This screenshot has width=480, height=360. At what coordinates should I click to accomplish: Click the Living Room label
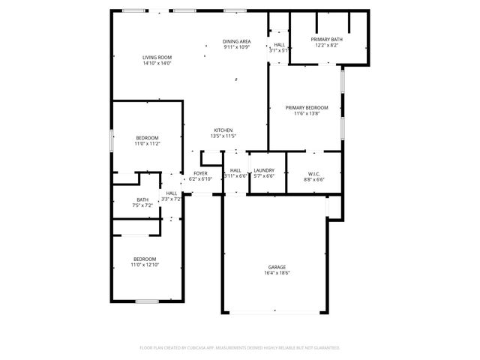tap(157, 57)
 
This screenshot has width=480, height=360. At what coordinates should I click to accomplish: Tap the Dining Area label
tap(236, 41)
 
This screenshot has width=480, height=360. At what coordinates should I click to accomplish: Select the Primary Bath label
tap(327, 39)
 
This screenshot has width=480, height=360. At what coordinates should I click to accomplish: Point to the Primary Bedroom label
tap(306, 108)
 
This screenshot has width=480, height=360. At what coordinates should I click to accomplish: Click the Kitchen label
tap(223, 130)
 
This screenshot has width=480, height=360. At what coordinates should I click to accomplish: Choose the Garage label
tap(277, 267)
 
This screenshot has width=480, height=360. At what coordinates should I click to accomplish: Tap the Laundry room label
tap(264, 170)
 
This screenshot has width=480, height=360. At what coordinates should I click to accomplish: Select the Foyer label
tap(201, 173)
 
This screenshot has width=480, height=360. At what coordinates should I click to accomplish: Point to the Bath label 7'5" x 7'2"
tap(142, 199)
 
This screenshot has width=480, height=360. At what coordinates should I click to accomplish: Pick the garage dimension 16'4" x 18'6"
tap(277, 273)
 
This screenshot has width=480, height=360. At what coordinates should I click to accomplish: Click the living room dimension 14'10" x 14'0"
tap(157, 63)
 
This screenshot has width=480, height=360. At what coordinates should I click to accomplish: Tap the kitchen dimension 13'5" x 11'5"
tap(223, 136)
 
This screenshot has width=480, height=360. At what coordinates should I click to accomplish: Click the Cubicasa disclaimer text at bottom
tap(240, 348)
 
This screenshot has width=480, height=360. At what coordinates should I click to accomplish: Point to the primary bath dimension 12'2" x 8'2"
tap(327, 45)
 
